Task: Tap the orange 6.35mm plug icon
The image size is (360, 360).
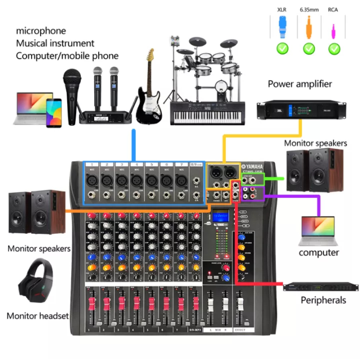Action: click(309, 27)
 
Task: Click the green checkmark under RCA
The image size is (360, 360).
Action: click(334, 48)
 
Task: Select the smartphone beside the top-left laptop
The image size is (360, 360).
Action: click(54, 113)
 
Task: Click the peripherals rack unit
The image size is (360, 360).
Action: click(321, 287)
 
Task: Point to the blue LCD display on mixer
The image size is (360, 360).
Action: click(221, 217)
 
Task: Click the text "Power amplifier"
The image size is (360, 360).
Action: click(300, 84)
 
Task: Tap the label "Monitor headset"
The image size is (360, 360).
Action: click(38, 316)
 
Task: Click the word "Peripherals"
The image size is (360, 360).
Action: click(323, 300)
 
